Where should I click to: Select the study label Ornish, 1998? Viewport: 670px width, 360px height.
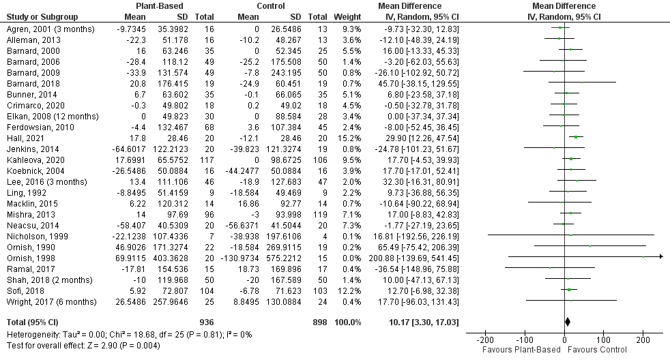30,256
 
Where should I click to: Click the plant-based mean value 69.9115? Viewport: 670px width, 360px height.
124,256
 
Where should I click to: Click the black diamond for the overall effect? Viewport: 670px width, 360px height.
566,320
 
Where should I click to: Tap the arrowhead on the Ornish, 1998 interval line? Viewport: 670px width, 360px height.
660,256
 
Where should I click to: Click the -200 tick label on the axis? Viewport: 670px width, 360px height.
484,340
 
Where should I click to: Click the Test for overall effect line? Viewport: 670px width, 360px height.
82,345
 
